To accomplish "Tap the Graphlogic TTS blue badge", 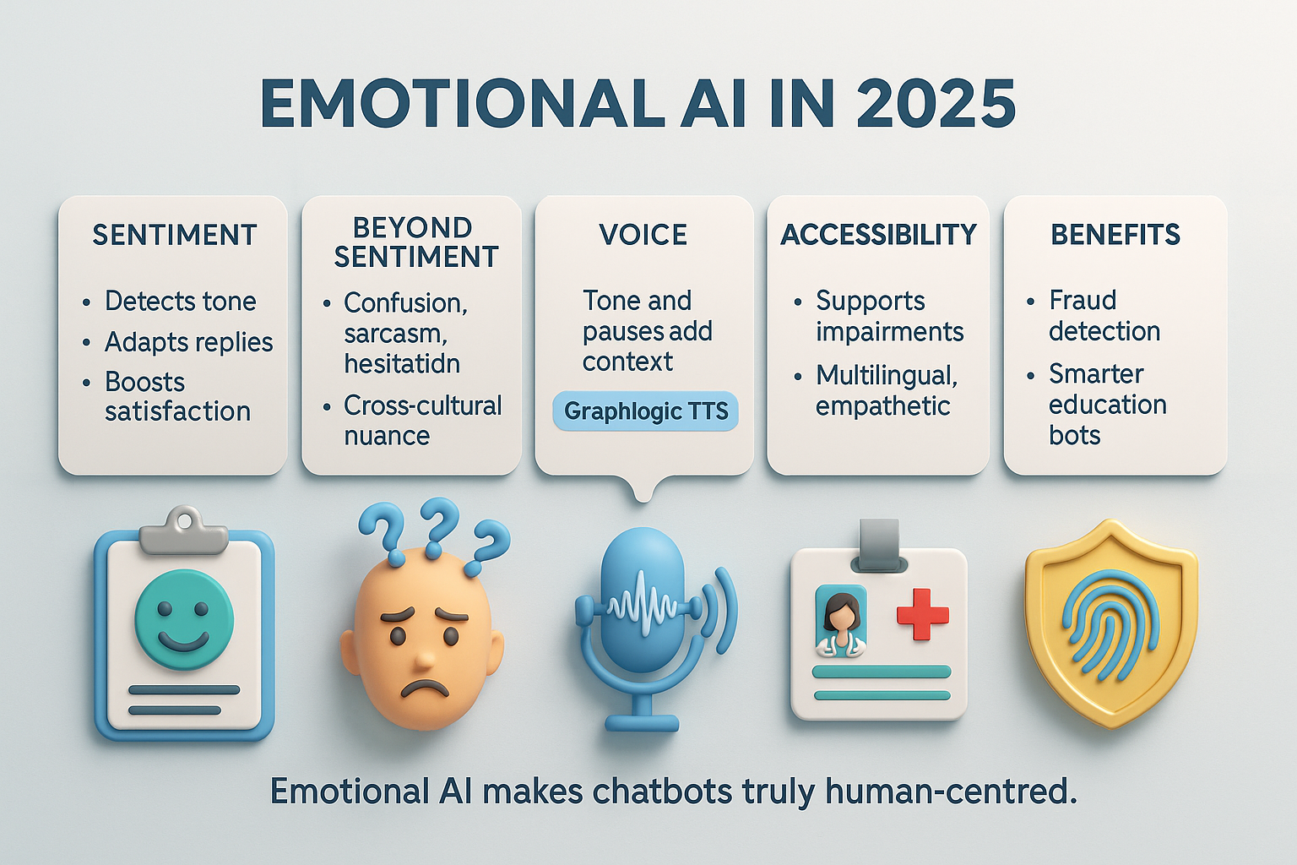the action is click(646, 411).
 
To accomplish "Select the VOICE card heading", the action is click(643, 235).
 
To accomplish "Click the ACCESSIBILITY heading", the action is click(878, 235).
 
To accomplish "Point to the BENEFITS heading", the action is click(1115, 235).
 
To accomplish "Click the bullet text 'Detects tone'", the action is click(180, 301).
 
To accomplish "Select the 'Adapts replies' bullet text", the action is click(189, 342).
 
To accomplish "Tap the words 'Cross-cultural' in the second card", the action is click(423, 405).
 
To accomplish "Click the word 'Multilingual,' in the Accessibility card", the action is click(887, 375).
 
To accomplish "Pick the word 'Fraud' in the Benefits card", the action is click(1083, 300).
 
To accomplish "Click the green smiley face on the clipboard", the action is click(184, 619).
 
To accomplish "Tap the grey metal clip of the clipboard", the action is click(184, 530).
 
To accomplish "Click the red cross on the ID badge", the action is click(923, 615).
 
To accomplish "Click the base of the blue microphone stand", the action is click(642, 722).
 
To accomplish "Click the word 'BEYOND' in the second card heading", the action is click(412, 228).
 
